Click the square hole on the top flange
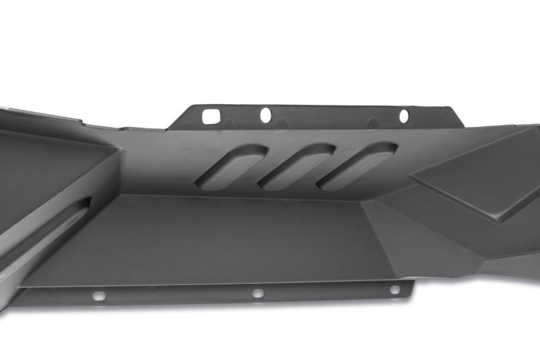pos(211,116)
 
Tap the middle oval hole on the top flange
pos(266,115)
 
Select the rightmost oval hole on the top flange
pos(404,116)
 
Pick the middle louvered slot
pos(294,167)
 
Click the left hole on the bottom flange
pos(99,296)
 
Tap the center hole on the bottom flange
pos(257,293)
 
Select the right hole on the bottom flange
pos(394,290)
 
